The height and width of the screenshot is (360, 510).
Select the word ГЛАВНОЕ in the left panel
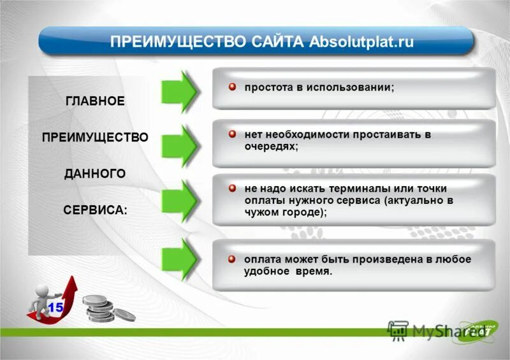pos(95,101)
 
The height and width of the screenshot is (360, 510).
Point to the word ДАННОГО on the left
pos(95,173)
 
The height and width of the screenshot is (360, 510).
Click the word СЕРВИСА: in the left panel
pos(95,210)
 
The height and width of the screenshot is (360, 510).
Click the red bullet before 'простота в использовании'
pos(233,86)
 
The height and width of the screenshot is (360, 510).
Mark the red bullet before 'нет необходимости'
pos(233,135)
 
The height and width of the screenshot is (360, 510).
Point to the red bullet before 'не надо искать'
pos(233,189)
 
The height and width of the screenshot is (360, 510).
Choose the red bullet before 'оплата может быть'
pos(233,259)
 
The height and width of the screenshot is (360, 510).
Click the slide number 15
pos(55,307)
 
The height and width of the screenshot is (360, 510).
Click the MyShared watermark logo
pos(421,331)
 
